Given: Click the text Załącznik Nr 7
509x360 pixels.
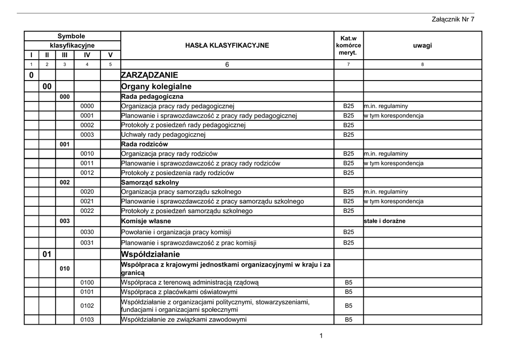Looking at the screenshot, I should [x=452, y=19].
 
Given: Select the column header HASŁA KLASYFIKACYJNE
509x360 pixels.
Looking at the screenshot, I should [x=227, y=45].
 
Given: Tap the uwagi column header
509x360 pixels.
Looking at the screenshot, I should [x=422, y=45].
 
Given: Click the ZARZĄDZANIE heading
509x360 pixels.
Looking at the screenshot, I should [x=149, y=76].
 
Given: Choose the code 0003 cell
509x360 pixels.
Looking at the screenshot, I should [x=87, y=135].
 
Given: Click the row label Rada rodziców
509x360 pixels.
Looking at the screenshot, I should [x=145, y=144].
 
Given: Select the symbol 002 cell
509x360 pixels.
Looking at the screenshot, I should [x=65, y=182].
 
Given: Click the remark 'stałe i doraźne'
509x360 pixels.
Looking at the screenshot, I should [x=385, y=221].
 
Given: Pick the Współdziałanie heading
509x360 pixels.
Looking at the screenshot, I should [x=150, y=255].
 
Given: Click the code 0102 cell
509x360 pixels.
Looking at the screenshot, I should [x=87, y=306].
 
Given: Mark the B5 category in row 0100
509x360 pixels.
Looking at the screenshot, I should [x=348, y=282].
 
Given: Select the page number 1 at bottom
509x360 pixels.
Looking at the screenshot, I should [x=321, y=336].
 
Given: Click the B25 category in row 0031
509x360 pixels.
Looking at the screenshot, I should [x=348, y=243].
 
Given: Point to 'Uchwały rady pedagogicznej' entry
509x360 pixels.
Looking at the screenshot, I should [x=163, y=135].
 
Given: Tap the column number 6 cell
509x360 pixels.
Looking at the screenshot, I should [x=227, y=65].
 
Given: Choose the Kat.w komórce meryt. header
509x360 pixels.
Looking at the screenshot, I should [x=348, y=45].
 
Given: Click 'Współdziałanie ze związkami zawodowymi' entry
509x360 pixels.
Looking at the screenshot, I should [x=183, y=320].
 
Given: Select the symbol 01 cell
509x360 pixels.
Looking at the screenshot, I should [x=47, y=255].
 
